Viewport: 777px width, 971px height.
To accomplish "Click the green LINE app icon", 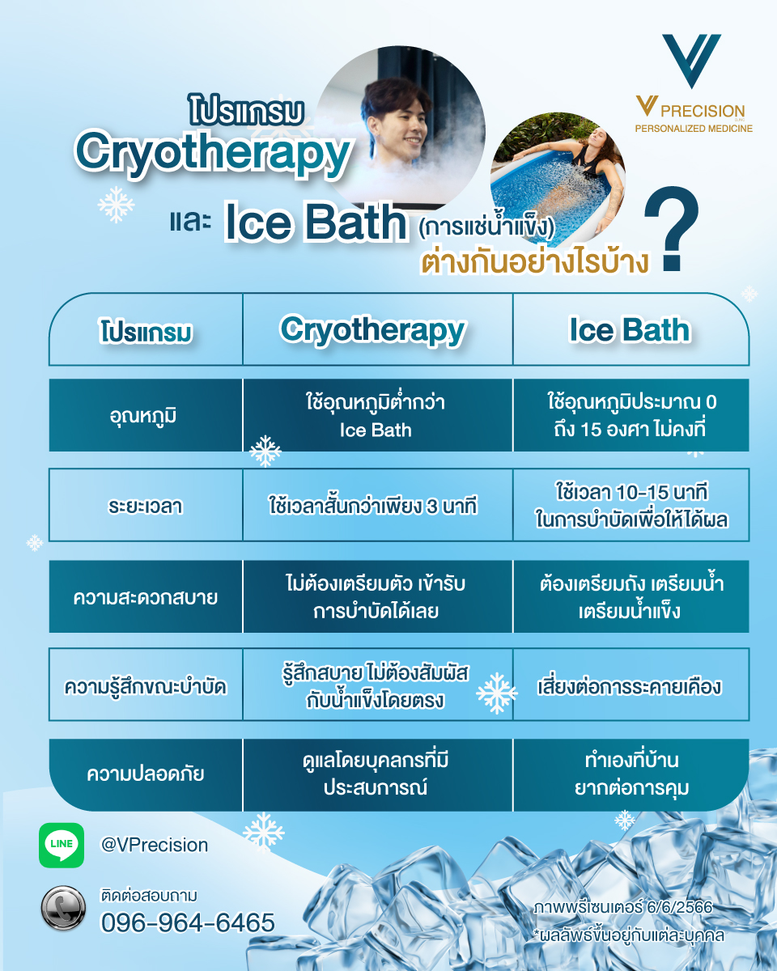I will (62, 845).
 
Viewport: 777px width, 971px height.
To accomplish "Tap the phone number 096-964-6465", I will (188, 922).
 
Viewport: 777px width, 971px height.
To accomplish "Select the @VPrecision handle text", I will (155, 845).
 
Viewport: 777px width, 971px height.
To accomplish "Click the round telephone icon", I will (63, 908).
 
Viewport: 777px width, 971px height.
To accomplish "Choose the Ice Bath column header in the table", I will (630, 330).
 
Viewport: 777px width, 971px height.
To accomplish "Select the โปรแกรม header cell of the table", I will (146, 333).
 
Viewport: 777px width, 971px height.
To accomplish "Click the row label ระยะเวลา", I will (145, 507).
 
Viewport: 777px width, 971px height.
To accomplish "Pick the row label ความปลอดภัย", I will (146, 774).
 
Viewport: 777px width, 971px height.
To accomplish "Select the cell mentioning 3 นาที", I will (373, 507).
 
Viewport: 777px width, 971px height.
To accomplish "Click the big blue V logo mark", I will (690, 61).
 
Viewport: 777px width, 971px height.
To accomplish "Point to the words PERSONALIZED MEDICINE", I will (694, 129).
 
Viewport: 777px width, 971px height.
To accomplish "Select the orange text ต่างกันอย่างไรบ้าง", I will (537, 263).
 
